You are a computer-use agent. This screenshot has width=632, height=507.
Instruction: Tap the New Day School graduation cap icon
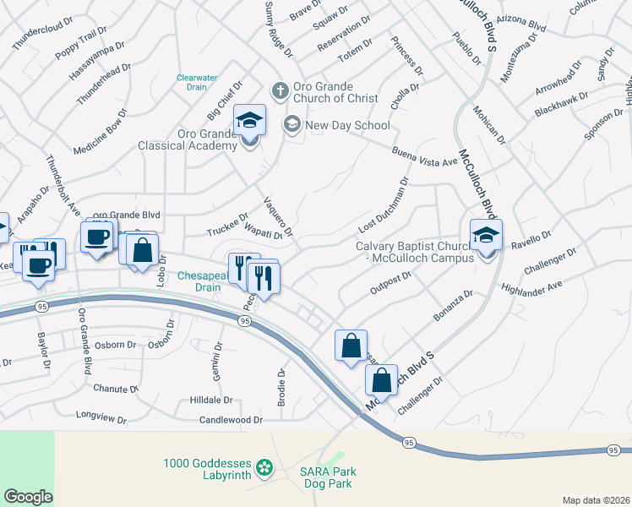292,125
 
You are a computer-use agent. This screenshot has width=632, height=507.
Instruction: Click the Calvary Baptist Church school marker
486,236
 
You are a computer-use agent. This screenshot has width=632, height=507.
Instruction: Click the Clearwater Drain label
197,82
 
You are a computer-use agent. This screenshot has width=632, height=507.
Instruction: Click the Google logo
28,496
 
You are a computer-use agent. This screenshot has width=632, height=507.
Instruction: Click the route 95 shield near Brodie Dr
244,321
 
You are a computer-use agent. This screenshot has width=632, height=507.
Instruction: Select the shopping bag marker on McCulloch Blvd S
381,381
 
